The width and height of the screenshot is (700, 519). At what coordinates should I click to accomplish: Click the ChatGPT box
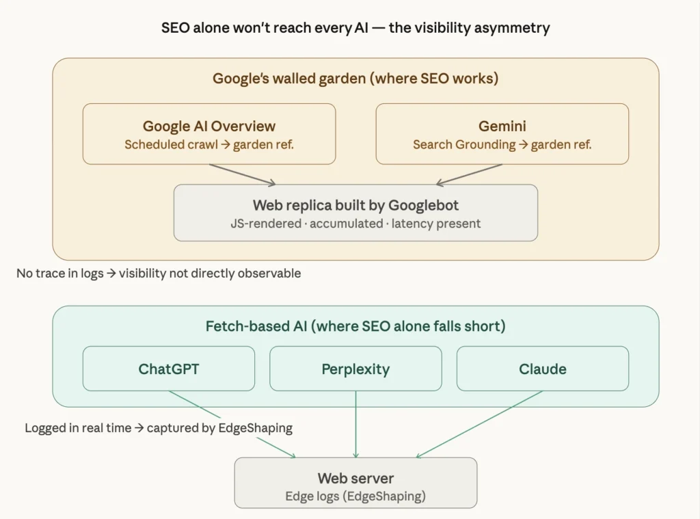coord(168,369)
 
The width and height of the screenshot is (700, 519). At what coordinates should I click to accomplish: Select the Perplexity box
coord(355,369)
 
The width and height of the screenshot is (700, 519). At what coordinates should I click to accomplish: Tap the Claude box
coord(542,369)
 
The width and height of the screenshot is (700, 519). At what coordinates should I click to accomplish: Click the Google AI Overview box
coord(209,134)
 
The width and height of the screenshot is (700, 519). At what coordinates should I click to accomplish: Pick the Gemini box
coord(502,134)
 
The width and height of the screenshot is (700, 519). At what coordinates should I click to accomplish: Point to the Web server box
coord(355,483)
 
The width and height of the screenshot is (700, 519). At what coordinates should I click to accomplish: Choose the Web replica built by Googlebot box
coord(355,213)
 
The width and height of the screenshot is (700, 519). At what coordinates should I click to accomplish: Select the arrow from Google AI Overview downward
coord(242,174)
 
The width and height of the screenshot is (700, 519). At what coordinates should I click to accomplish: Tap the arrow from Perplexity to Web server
coord(355,424)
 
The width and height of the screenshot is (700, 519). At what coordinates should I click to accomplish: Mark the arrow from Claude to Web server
coord(479,424)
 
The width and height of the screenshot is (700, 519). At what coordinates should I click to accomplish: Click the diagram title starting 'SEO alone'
coord(355,28)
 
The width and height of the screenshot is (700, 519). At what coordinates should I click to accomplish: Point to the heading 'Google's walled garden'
coord(355,78)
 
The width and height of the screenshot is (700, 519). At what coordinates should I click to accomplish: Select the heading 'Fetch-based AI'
coord(355,326)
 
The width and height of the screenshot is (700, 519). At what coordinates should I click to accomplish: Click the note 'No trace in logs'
coord(159,274)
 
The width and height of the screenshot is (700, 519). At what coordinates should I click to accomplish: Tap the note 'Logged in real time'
coord(159,428)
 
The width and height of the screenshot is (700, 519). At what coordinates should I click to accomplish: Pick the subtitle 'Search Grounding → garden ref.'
coord(502,145)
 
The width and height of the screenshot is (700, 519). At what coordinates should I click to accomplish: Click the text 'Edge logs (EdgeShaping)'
coord(355,496)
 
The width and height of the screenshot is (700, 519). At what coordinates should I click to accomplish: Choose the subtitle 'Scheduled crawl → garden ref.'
coord(209,145)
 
